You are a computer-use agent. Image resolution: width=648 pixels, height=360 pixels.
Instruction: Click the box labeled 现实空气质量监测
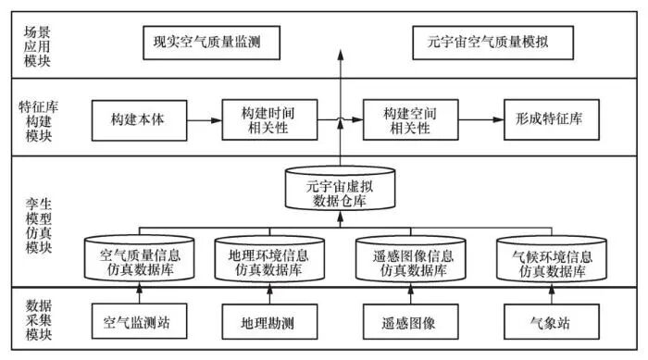[x=215, y=43]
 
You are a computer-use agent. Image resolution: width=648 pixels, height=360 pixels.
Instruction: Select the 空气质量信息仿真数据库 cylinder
[x=138, y=258]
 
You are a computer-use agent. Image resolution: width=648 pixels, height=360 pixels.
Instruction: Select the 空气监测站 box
[x=138, y=325]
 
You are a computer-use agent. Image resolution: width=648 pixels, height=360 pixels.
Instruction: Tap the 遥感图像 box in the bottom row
[x=408, y=325]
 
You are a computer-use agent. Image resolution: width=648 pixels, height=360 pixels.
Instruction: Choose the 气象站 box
[x=545, y=325]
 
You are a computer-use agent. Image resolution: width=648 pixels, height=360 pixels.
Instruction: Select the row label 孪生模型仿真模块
[x=39, y=221]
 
